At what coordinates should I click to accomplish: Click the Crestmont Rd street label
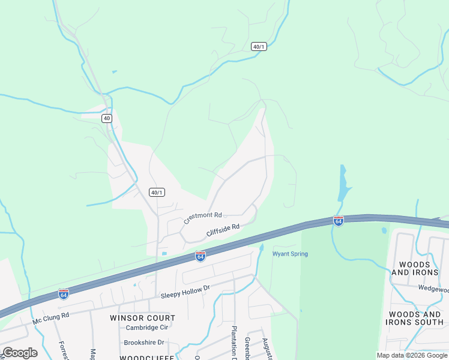(203, 217)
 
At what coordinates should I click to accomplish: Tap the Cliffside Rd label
(223, 229)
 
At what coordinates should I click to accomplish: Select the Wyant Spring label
(290, 254)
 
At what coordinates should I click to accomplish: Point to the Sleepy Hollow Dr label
(185, 292)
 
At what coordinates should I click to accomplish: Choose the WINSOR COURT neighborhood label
(142, 318)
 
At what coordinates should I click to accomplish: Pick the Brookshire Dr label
(144, 343)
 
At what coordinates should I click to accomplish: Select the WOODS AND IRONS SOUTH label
(415, 318)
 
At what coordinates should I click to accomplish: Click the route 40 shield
(107, 118)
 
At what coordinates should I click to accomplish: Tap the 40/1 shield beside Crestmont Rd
(157, 192)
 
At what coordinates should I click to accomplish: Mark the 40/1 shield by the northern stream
(259, 47)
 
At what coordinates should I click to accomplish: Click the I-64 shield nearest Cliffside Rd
(200, 256)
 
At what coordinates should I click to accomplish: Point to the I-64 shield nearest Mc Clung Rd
(64, 294)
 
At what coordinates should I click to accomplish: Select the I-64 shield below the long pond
(339, 221)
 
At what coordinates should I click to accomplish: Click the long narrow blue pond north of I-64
(344, 183)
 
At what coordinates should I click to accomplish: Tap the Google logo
(20, 353)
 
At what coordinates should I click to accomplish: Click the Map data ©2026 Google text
(412, 355)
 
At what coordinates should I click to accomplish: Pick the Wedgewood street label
(433, 288)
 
